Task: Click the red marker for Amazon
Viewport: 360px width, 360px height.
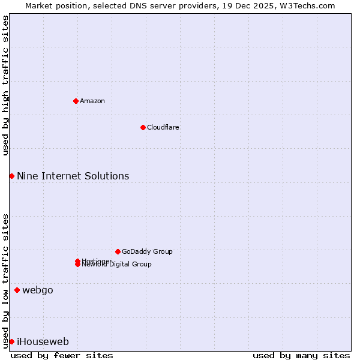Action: coord(76,101)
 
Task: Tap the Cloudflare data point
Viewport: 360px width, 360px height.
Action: coord(143,127)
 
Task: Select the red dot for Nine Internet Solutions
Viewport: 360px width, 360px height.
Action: coord(11,176)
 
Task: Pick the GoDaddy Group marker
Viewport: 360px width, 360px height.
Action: coord(118,251)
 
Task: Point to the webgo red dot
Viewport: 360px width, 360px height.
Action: coord(17,290)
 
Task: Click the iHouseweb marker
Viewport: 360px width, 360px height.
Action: coord(11,341)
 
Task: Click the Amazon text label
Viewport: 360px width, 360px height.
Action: coord(92,101)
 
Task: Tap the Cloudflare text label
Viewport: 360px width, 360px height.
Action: coord(163,127)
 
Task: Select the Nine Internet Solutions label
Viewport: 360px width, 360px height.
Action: coord(73,176)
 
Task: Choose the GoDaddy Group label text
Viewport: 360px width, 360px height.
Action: coord(147,251)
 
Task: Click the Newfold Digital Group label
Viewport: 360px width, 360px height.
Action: coord(117,265)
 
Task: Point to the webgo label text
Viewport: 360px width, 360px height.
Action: coord(38,290)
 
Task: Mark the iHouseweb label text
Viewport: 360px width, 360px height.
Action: coord(43,342)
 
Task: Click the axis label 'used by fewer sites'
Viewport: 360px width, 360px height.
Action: coord(62,355)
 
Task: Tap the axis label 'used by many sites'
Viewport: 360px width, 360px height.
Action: coord(301,355)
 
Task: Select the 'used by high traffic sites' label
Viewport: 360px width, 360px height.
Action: coord(5,85)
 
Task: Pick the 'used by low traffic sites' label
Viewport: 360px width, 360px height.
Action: coord(5,280)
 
